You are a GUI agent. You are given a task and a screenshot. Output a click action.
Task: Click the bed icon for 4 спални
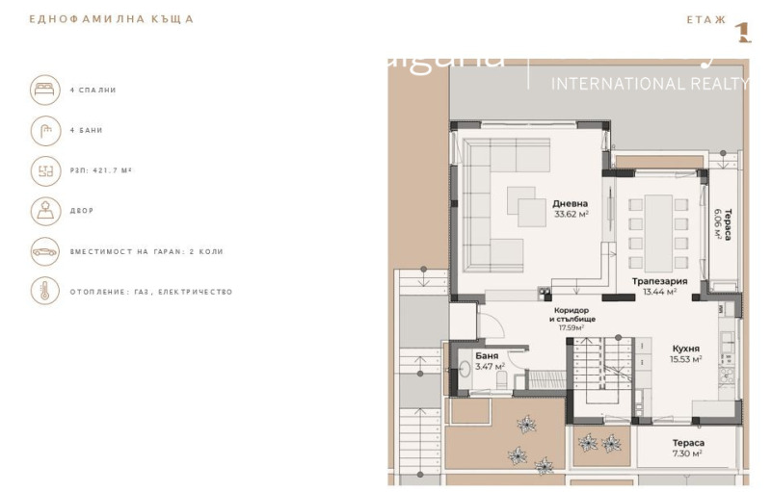(44, 90)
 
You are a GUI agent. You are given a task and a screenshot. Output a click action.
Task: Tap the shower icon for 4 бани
(44, 130)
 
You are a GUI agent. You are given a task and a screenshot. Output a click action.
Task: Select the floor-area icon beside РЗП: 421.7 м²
(44, 170)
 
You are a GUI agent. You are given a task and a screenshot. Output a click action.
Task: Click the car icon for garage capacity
(44, 250)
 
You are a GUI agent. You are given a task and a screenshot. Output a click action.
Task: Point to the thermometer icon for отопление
(44, 291)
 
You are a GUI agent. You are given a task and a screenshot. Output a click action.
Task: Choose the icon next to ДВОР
(44, 210)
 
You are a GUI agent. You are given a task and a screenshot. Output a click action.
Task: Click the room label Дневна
(571, 203)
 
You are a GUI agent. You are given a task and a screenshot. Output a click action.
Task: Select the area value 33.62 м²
(571, 215)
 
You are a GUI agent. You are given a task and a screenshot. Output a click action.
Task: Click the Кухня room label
(685, 349)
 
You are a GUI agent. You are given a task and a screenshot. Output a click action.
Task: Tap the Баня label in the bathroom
(487, 355)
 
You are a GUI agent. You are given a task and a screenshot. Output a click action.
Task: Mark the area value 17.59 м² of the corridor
(572, 327)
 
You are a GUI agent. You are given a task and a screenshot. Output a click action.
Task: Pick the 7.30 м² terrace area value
(687, 453)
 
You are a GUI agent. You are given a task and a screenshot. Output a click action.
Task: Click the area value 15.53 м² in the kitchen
(685, 359)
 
